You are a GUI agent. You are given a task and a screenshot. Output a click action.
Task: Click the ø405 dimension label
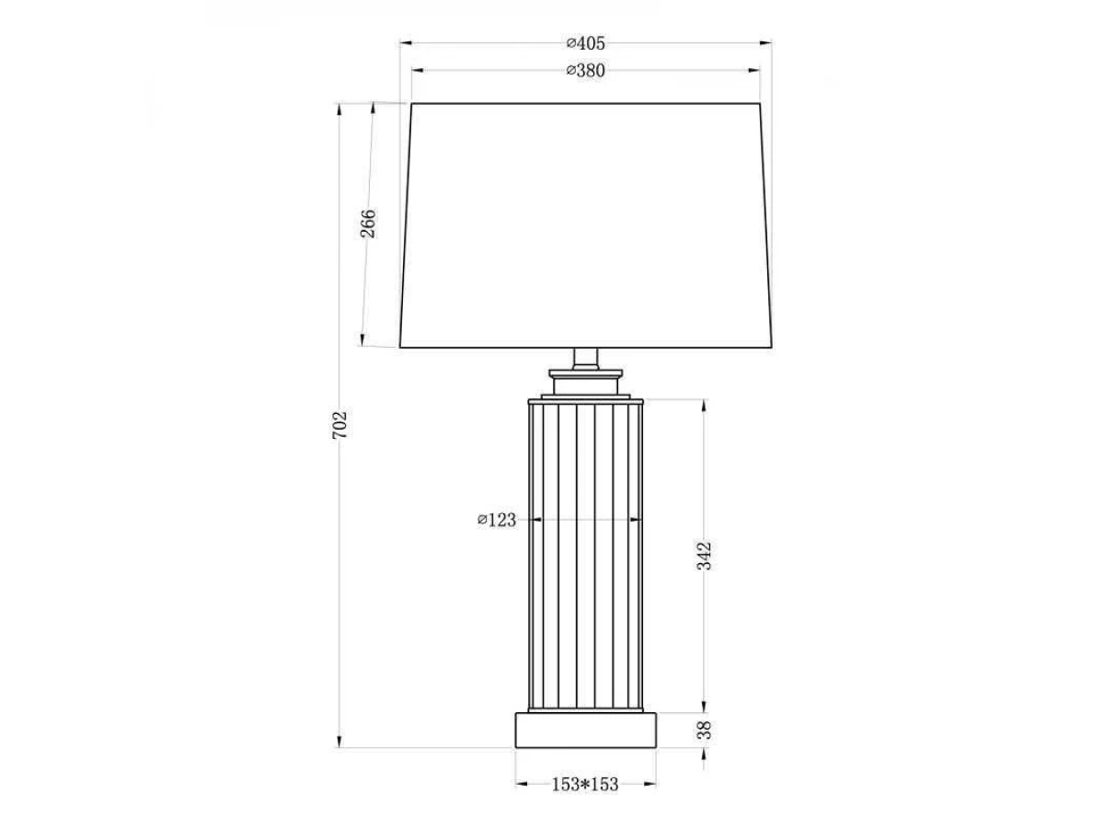click(x=585, y=44)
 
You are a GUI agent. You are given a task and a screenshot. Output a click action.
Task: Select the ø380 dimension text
click(x=585, y=71)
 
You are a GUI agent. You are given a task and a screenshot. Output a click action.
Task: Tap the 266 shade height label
click(x=368, y=224)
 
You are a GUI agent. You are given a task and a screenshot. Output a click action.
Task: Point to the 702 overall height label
click(x=339, y=425)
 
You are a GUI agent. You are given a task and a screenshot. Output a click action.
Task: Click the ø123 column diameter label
click(x=497, y=520)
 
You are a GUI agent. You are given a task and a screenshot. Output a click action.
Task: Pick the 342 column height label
click(x=705, y=556)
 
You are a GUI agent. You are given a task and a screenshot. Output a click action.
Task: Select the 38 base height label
click(x=705, y=730)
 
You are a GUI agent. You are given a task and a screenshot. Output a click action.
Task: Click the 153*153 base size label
click(x=585, y=784)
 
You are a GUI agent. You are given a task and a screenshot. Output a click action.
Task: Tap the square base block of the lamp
click(x=586, y=730)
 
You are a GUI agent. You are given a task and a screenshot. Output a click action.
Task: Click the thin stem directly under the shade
click(x=586, y=359)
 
